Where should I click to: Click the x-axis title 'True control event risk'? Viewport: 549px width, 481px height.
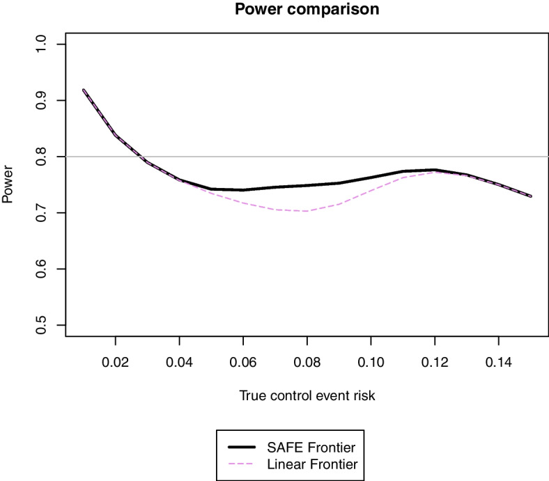pyautogui.click(x=307, y=397)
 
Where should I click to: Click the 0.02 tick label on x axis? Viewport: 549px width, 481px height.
pyautogui.click(x=116, y=361)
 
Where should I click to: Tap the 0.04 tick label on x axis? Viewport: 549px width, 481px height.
pyautogui.click(x=180, y=361)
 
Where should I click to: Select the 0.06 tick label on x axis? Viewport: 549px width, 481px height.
pyautogui.click(x=243, y=361)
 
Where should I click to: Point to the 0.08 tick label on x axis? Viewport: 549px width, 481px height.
pyautogui.click(x=307, y=361)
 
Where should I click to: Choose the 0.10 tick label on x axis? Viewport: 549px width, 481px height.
pyautogui.click(x=371, y=361)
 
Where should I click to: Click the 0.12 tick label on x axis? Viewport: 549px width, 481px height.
pyautogui.click(x=435, y=361)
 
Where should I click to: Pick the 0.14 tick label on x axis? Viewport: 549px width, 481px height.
pyautogui.click(x=498, y=361)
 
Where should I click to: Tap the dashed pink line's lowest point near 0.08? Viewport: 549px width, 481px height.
pyautogui.click(x=307, y=211)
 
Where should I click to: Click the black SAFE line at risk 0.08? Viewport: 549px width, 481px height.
pyautogui.click(x=307, y=185)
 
